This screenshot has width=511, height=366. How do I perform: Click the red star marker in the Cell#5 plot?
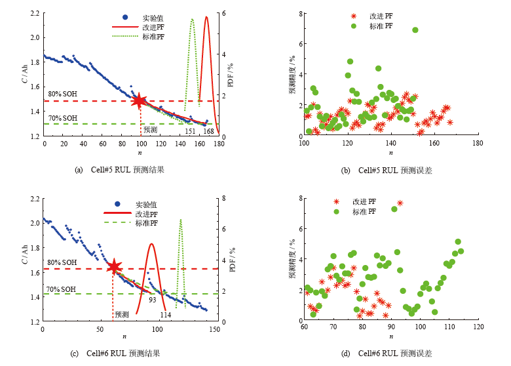coord(139,101)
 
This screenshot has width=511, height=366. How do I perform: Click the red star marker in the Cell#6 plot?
coord(114,266)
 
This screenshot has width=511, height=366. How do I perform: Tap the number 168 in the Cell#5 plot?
coord(208,131)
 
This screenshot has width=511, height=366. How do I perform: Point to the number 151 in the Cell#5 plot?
coord(189,131)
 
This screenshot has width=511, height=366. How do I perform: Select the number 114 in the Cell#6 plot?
coord(166,315)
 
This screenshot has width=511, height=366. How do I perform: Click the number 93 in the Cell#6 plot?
coord(152,300)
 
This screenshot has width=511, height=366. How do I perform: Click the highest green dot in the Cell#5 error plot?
coord(415,30)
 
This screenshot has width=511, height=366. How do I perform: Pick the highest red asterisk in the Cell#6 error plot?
coord(400,203)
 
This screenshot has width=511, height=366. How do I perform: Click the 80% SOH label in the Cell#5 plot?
coord(62,94)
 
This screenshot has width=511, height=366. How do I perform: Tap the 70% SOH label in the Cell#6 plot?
coord(61,289)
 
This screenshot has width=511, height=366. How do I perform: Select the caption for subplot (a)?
coord(119,170)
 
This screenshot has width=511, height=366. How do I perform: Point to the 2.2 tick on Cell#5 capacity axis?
coord(34,13)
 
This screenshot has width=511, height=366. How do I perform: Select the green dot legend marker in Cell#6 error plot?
coord(336,212)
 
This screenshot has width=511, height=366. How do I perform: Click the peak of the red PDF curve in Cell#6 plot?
coord(152,244)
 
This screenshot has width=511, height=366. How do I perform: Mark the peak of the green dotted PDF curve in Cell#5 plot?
coord(192,19)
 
